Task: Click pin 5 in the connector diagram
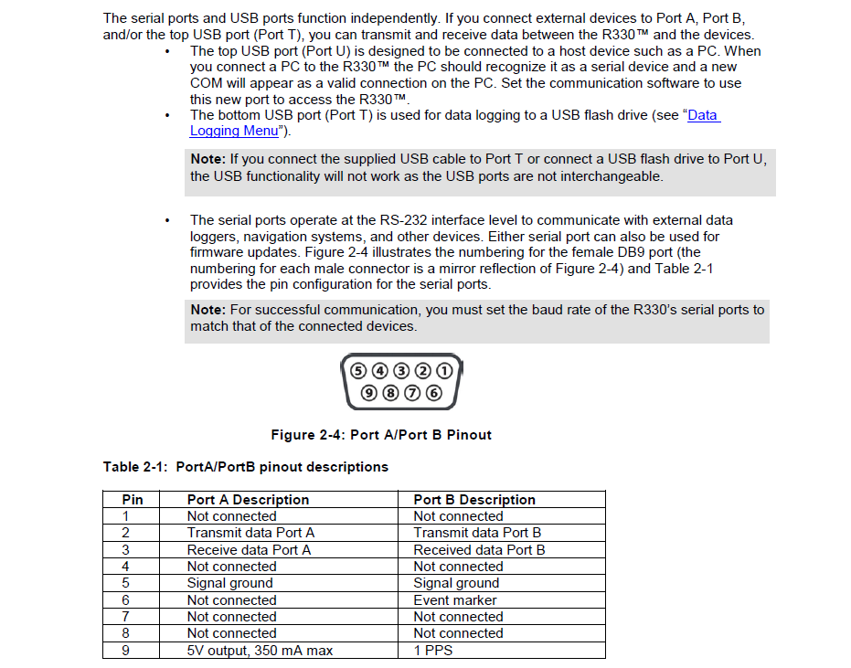(357, 371)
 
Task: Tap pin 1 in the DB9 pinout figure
(444, 371)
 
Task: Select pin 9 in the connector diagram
(369, 394)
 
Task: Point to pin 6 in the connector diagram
(433, 394)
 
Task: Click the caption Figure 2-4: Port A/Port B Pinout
(381, 435)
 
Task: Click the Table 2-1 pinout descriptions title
(245, 467)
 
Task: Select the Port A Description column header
(248, 500)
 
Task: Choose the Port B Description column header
(474, 500)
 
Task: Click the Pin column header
(133, 500)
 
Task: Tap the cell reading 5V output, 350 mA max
(260, 651)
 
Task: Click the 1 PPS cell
(432, 651)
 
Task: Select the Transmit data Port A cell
(250, 533)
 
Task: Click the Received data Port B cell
(479, 550)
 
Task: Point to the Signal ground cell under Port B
(456, 583)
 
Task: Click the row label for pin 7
(126, 617)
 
